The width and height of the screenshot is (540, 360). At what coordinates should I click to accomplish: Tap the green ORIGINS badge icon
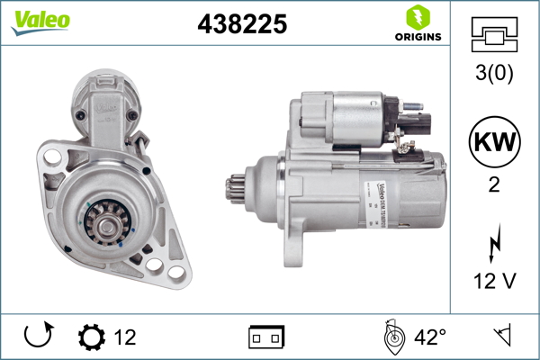[417, 17]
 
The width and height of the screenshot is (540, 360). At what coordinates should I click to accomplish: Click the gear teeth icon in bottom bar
[92, 337]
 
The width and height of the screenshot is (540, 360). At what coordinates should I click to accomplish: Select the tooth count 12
[125, 337]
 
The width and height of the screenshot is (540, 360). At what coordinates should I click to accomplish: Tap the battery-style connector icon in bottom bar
[267, 337]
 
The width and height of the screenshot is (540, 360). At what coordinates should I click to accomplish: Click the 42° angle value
[430, 337]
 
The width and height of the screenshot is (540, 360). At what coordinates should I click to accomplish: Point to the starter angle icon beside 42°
[391, 337]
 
